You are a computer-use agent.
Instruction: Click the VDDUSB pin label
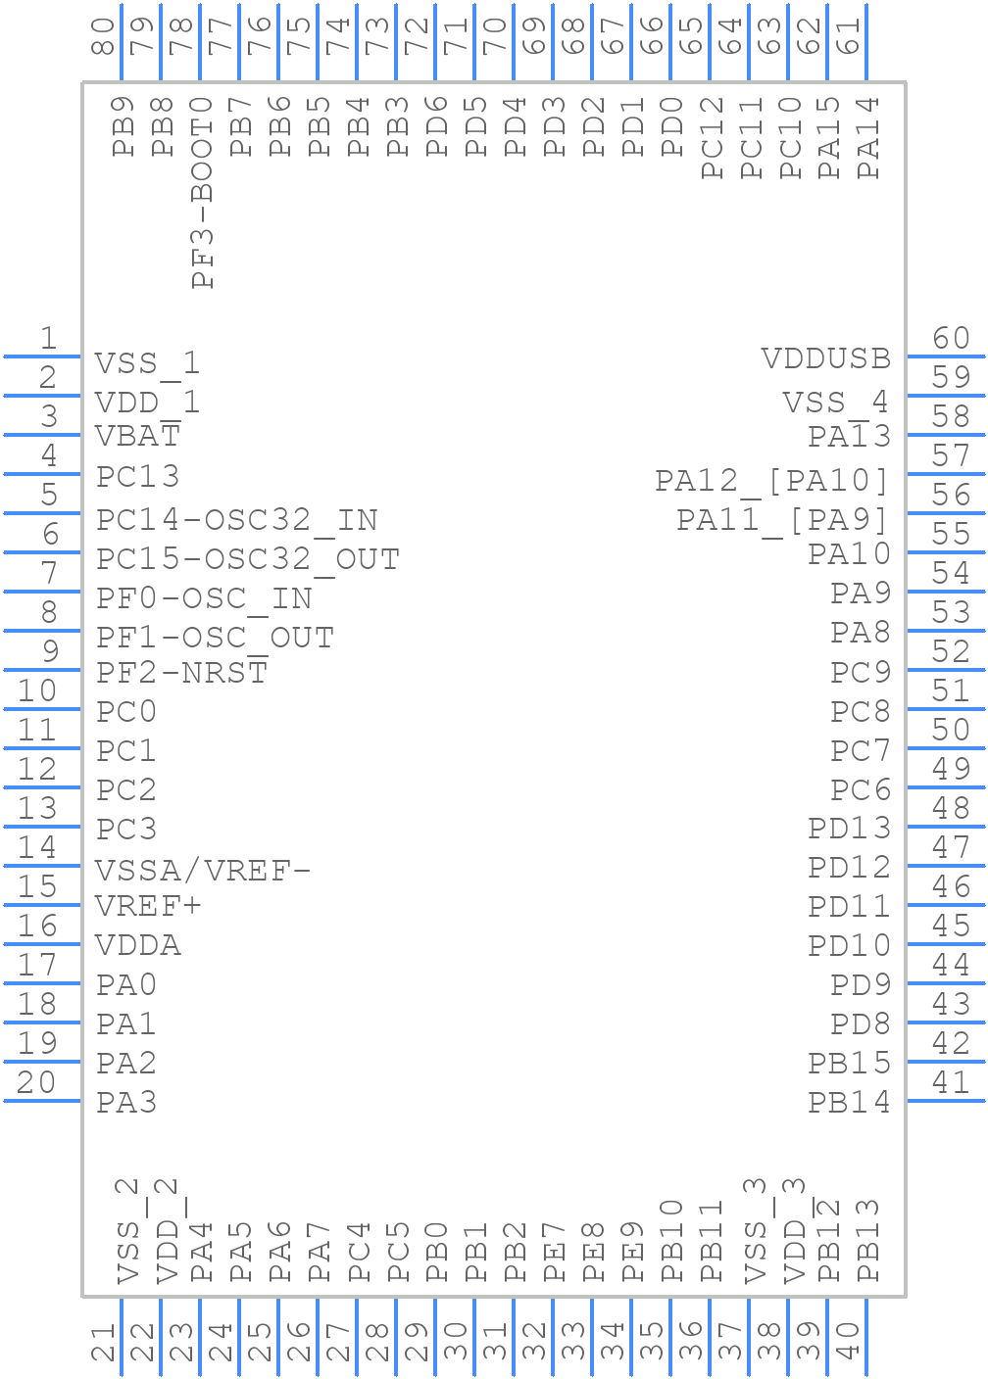(x=825, y=358)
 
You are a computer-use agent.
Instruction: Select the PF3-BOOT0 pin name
(x=202, y=193)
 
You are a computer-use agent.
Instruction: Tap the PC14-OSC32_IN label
(x=237, y=521)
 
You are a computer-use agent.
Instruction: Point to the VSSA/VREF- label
(x=203, y=871)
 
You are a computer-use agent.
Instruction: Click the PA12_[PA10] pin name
(x=771, y=482)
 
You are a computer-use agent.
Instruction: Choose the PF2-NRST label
(x=181, y=672)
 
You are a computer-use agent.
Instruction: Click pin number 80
(x=103, y=36)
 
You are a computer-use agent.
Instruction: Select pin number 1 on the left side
(x=49, y=338)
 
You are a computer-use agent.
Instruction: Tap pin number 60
(x=951, y=338)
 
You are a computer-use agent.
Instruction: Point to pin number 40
(x=848, y=1341)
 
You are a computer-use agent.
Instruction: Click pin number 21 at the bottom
(x=103, y=1342)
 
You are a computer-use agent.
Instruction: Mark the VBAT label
(x=138, y=435)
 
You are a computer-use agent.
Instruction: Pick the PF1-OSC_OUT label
(x=215, y=639)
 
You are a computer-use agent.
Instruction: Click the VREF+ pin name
(x=148, y=906)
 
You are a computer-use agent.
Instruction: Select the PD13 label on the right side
(x=850, y=828)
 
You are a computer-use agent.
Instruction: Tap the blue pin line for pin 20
(x=42, y=1100)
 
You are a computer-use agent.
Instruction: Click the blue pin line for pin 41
(x=946, y=1100)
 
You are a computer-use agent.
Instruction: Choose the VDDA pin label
(x=138, y=945)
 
